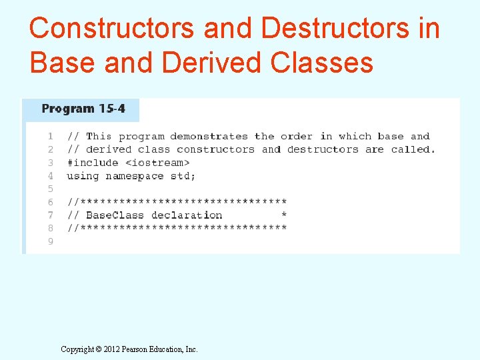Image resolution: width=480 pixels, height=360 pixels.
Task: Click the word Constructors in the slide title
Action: click(x=112, y=29)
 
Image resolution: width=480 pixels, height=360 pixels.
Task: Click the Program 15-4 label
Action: click(x=83, y=109)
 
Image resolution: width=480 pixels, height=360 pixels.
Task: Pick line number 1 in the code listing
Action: click(x=51, y=136)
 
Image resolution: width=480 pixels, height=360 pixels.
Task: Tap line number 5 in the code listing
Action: click(x=51, y=189)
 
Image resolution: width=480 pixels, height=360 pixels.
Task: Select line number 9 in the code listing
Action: click(x=51, y=241)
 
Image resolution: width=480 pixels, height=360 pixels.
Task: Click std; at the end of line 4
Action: click(x=184, y=176)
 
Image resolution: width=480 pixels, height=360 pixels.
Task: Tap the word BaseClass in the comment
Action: click(x=115, y=215)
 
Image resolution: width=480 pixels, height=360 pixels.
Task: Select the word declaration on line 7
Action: click(x=187, y=215)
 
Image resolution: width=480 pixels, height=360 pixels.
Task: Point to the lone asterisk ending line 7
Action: click(x=284, y=215)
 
